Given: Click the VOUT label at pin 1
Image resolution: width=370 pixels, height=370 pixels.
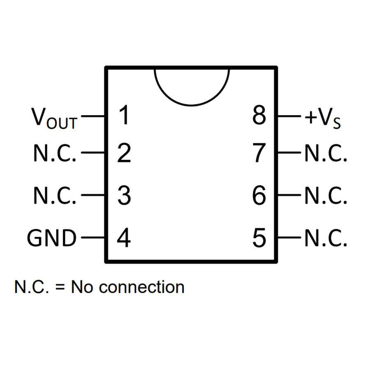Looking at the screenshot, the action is pyautogui.click(x=54, y=118).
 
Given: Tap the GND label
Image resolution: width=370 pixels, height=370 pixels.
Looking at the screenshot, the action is pyautogui.click(x=52, y=238).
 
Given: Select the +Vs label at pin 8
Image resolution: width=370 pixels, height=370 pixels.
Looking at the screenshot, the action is pyautogui.click(x=323, y=118).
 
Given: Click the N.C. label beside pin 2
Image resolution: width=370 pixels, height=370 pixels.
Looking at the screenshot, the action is pyautogui.click(x=55, y=153).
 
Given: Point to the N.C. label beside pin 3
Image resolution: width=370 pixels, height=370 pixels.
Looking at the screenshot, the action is pyautogui.click(x=55, y=195).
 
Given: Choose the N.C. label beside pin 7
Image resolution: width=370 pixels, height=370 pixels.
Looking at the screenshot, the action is pyautogui.click(x=326, y=153).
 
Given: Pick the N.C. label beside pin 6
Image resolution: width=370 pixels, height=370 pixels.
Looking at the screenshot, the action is pyautogui.click(x=326, y=195).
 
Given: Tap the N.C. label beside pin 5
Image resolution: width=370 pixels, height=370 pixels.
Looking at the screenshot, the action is pyautogui.click(x=326, y=238).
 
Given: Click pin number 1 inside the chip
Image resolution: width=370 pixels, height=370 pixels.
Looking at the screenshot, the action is pyautogui.click(x=124, y=115).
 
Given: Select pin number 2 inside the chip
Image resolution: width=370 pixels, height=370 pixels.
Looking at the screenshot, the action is pyautogui.click(x=124, y=153).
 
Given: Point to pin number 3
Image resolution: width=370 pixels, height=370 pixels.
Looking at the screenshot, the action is pyautogui.click(x=124, y=195).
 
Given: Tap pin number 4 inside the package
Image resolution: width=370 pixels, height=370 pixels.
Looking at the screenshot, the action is pyautogui.click(x=124, y=238).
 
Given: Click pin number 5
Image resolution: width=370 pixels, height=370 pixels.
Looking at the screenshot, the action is pyautogui.click(x=259, y=238).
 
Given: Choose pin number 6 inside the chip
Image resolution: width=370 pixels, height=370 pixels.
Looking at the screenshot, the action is pyautogui.click(x=259, y=195).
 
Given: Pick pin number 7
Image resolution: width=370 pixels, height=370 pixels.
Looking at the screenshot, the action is pyautogui.click(x=259, y=153).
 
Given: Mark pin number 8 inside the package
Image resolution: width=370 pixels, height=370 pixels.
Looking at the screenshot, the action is pyautogui.click(x=259, y=115).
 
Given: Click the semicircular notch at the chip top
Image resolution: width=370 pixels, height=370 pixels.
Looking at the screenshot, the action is pyautogui.click(x=191, y=105).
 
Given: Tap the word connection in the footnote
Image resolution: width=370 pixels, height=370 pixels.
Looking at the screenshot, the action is pyautogui.click(x=141, y=287).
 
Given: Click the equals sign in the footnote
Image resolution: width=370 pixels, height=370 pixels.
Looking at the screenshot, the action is pyautogui.click(x=60, y=287).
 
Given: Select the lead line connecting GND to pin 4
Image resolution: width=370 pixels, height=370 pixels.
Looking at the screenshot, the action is pyautogui.click(x=93, y=237).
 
